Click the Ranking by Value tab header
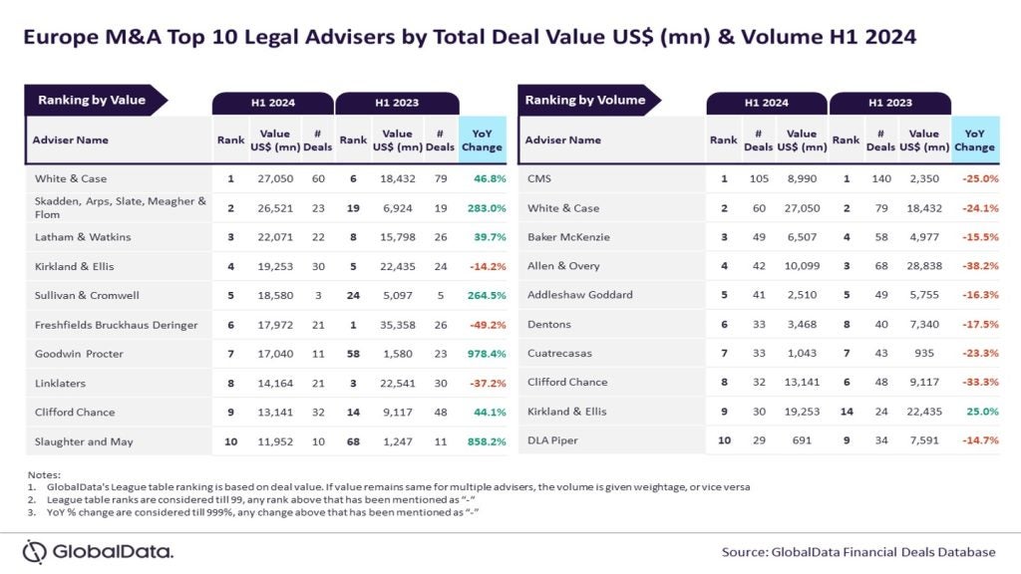92,101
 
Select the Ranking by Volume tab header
584,101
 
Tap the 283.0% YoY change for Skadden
483,208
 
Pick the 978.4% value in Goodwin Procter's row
483,353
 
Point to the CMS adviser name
539,179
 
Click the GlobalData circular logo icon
35,552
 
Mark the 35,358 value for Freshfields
398,324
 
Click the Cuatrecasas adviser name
559,353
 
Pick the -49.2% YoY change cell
483,324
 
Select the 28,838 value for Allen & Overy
923,266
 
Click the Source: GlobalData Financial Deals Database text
858,551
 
